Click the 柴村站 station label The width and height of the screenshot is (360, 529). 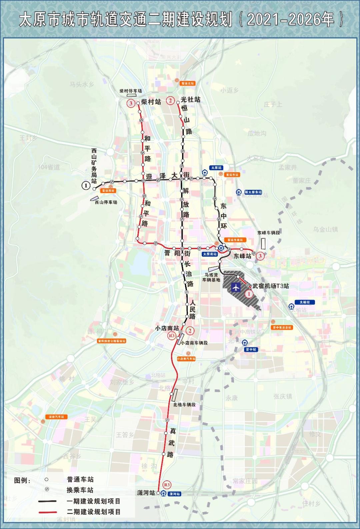pyautogui.click(x=151, y=102)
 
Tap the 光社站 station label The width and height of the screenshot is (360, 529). pyautogui.click(x=190, y=100)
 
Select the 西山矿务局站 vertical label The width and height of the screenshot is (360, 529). pyautogui.click(x=94, y=166)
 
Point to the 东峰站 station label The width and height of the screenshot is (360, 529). pyautogui.click(x=242, y=256)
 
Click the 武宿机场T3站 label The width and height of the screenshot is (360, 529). pyautogui.click(x=270, y=286)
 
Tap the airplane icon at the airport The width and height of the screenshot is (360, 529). pyautogui.click(x=236, y=286)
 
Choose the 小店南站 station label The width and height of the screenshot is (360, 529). pyautogui.click(x=167, y=328)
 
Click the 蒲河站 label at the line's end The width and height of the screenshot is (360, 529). pyautogui.click(x=146, y=493)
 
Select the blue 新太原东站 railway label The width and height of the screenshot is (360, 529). pyautogui.click(x=253, y=192)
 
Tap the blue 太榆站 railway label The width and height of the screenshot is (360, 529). pyautogui.click(x=304, y=302)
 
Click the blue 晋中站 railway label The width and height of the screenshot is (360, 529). pyautogui.click(x=251, y=349)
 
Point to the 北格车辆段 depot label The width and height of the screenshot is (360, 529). pyautogui.click(x=184, y=405)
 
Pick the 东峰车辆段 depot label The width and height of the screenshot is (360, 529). pyautogui.click(x=268, y=233)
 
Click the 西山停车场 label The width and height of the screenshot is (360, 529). pyautogui.click(x=106, y=202)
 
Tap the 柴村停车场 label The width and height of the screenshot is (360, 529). pyautogui.click(x=131, y=91)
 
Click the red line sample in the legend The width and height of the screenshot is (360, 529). pyautogui.click(x=47, y=512)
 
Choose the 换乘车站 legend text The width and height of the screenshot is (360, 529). pyautogui.click(x=80, y=490)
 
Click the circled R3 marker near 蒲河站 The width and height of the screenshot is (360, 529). pyautogui.click(x=167, y=485)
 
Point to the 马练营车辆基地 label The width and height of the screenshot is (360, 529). pyautogui.click(x=211, y=277)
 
